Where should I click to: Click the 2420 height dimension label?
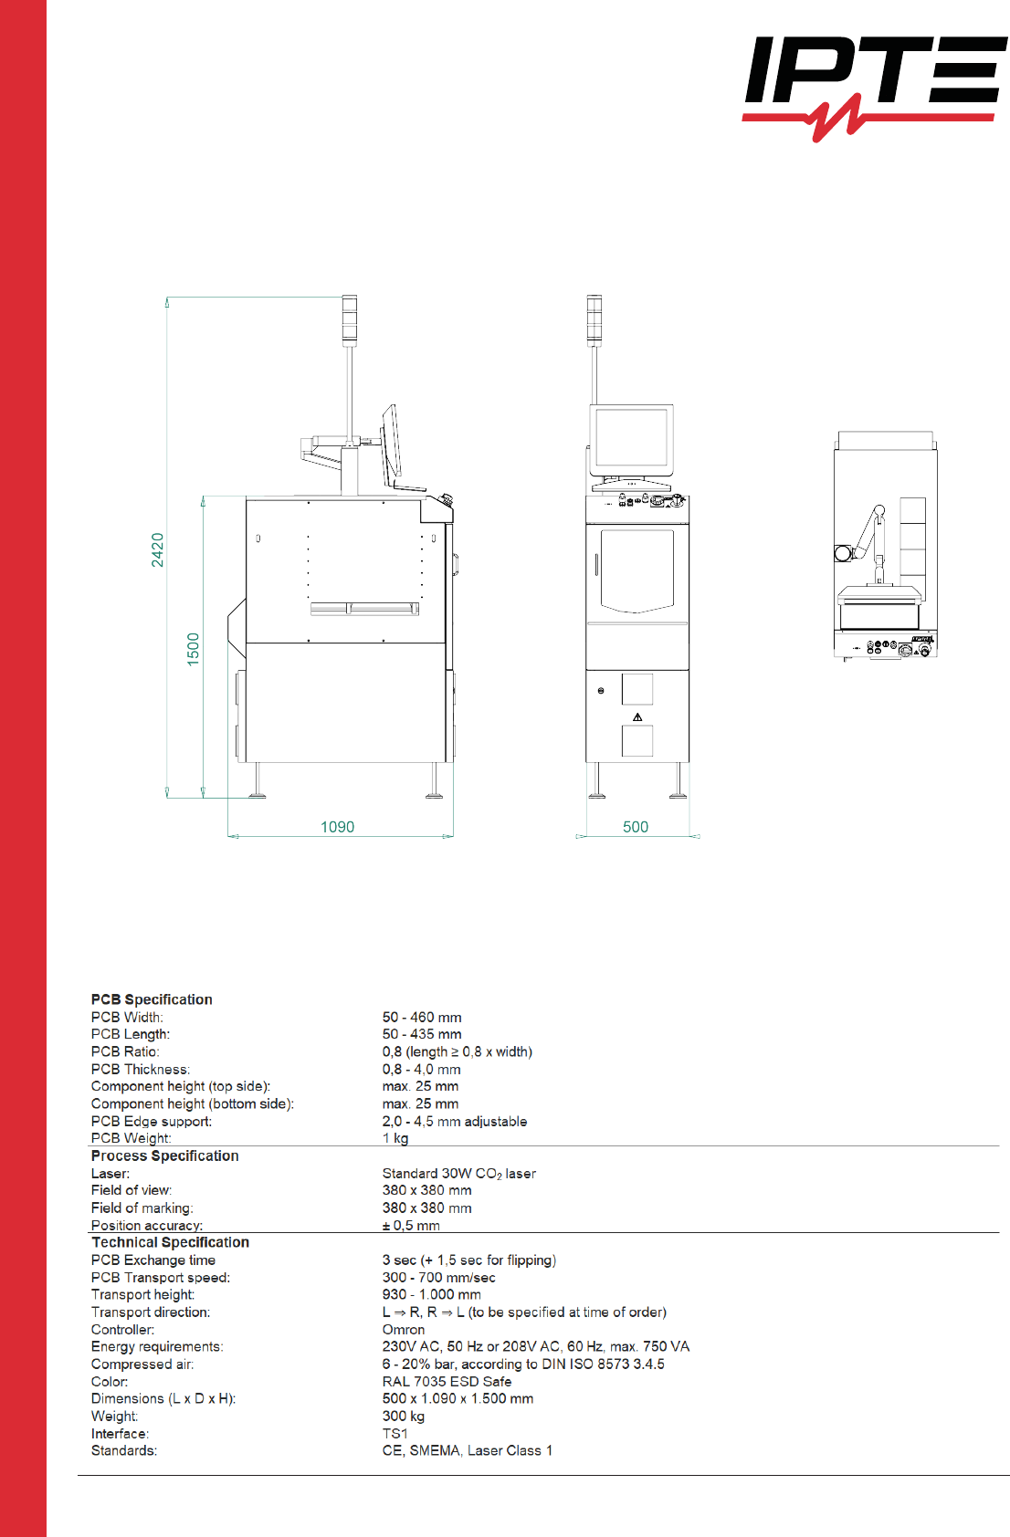158,549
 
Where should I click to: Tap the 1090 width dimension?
337,827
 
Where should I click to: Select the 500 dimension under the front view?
636,827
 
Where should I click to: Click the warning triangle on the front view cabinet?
637,717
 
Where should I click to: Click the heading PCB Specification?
152,999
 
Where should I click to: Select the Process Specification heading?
164,1155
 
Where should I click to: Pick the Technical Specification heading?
170,1242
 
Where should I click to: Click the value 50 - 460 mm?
422,1017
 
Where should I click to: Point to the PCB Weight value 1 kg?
395,1138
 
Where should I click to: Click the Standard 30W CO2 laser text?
458,1173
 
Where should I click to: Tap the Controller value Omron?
404,1329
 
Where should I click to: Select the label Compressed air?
142,1364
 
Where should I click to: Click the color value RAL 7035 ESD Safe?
447,1381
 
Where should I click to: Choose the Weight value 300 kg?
404,1416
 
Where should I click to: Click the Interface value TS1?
395,1433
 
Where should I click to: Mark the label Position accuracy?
147,1225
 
